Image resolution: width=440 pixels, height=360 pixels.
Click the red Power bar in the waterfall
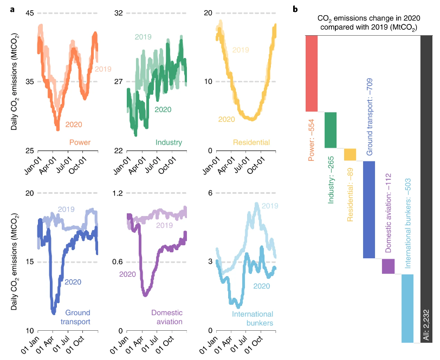pyautogui.click(x=315, y=73)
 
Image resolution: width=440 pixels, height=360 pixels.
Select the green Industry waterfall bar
pyautogui.click(x=331, y=130)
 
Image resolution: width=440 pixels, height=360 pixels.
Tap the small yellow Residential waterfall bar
pyautogui.click(x=350, y=154)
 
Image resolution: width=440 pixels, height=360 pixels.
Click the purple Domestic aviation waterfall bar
pyautogui.click(x=388, y=266)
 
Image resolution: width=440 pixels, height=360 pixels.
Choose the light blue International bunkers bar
pyautogui.click(x=407, y=308)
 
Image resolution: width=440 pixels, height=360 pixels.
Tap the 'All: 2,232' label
pyautogui.click(x=426, y=325)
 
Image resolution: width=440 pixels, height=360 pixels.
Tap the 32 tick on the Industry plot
pyautogui.click(x=119, y=13)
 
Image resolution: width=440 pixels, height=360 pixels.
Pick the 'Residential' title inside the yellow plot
pyautogui.click(x=251, y=143)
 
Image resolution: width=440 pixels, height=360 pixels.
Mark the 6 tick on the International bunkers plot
pyautogui.click(x=210, y=193)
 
